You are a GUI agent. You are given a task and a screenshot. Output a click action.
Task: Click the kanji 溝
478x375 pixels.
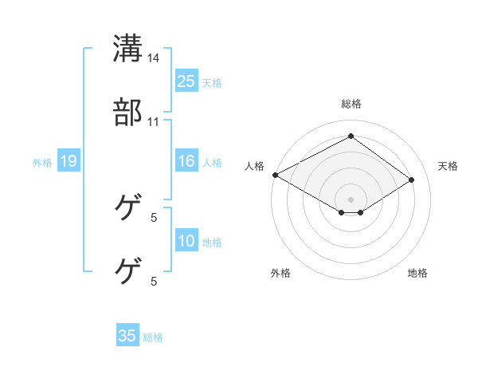pos(127,47)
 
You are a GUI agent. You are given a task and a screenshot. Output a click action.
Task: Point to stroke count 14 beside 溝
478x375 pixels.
pos(154,57)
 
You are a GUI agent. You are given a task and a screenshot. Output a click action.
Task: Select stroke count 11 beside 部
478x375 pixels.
pos(154,122)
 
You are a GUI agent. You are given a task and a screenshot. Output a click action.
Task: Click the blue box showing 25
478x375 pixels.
pos(186,81)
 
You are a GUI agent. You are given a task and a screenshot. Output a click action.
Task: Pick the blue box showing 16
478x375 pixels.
pos(186,162)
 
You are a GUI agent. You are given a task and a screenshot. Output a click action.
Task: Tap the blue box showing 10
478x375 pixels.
pos(186,242)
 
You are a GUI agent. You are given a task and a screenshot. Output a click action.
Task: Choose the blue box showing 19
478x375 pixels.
pos(68,162)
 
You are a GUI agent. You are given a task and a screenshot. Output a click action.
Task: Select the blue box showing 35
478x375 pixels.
pos(127,336)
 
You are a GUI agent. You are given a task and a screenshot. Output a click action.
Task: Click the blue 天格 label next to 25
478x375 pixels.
pos(211,82)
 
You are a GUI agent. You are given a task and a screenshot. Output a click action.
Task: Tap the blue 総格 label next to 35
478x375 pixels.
pos(153,337)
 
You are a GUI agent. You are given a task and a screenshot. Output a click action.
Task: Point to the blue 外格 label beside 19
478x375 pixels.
pos(42,163)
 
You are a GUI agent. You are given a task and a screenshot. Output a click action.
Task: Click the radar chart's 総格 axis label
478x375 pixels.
pos(351,104)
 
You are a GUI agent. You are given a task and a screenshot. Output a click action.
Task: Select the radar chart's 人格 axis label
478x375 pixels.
pos(255,166)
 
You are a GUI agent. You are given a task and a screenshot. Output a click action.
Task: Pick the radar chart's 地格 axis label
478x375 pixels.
pos(417,273)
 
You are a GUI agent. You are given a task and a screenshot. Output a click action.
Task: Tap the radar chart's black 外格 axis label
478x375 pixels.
pos(280,273)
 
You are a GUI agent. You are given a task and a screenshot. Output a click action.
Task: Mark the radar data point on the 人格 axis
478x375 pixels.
pos(275,175)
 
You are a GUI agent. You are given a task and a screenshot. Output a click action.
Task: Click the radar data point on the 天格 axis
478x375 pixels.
pos(411,180)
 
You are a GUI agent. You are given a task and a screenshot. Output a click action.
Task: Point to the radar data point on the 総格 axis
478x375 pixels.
pos(351,136)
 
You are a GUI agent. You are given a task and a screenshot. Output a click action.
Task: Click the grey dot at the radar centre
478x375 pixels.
pos(351,198)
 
